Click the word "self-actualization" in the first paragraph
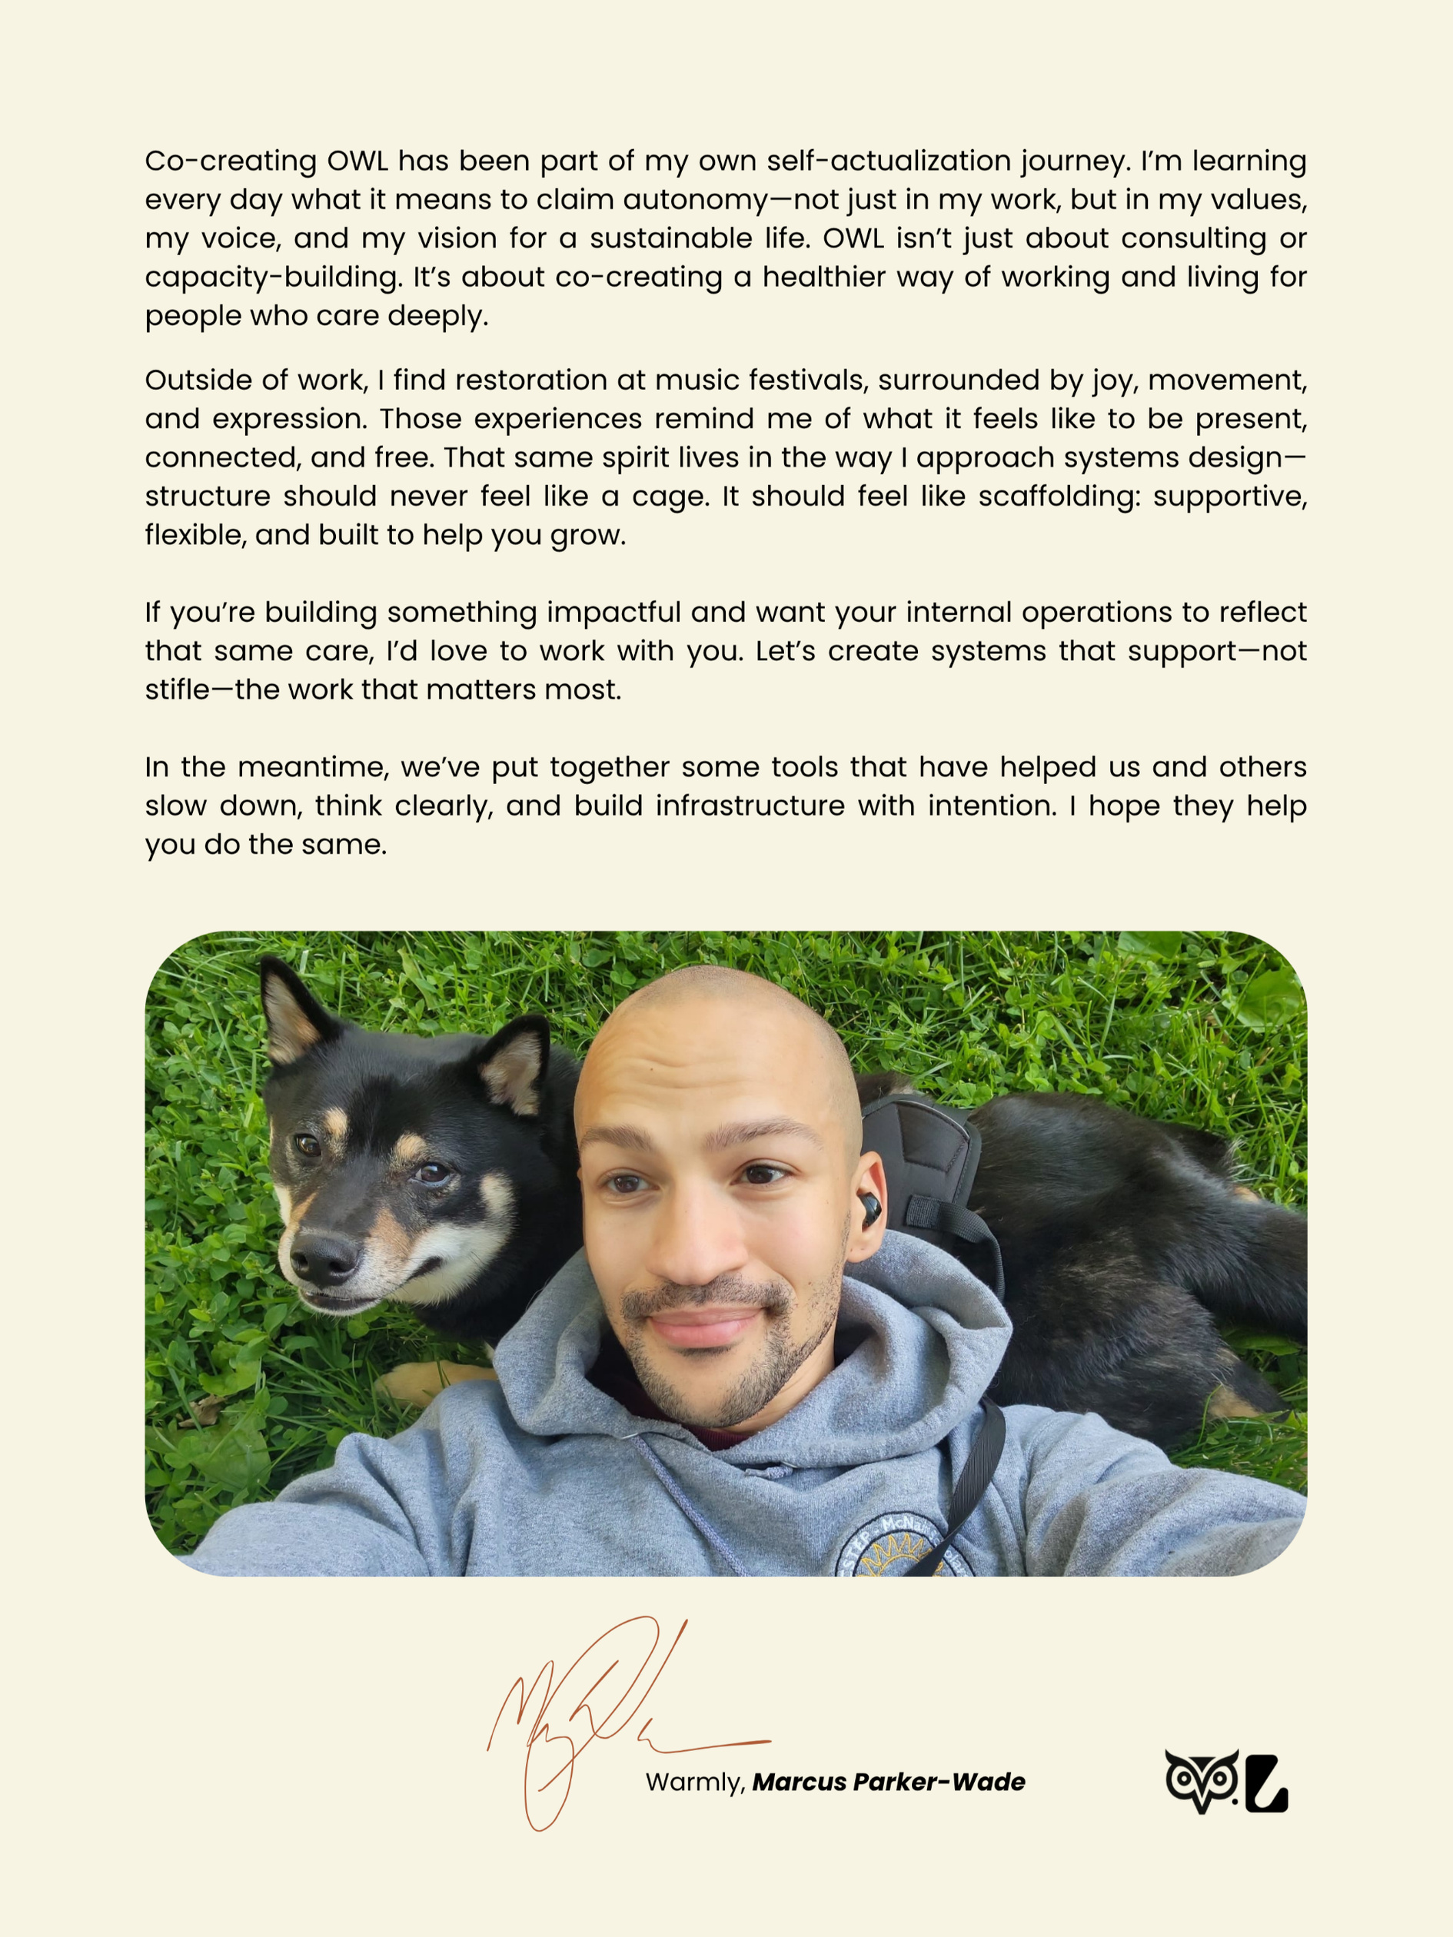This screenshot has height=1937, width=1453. (x=888, y=161)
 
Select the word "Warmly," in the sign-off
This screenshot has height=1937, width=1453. (x=694, y=1782)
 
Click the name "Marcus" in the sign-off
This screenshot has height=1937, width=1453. (x=799, y=1782)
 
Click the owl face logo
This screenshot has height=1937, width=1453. (x=1201, y=1780)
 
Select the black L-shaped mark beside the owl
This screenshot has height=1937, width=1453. (x=1265, y=1783)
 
